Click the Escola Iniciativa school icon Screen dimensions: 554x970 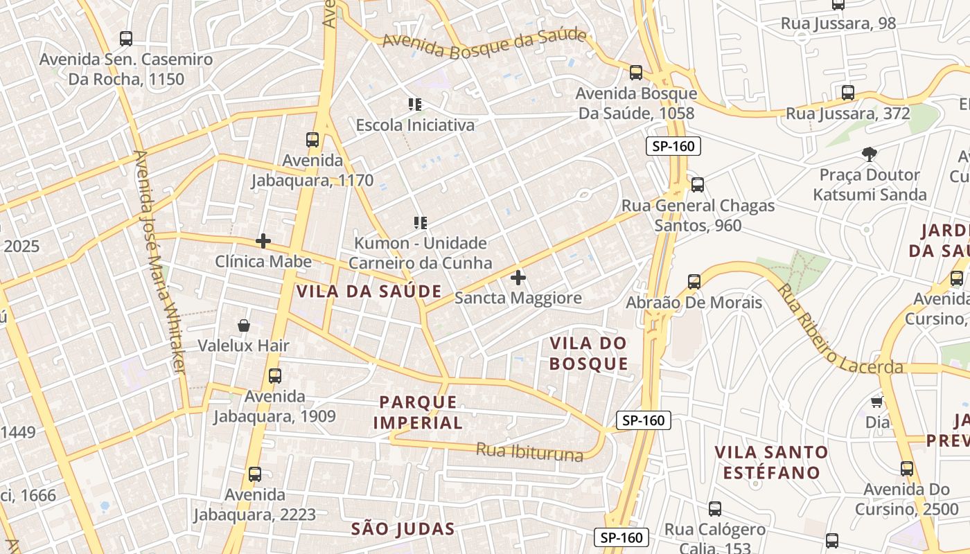pos(415,105)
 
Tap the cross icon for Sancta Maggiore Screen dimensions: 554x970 pos(518,278)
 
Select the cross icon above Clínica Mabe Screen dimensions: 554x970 pos(263,241)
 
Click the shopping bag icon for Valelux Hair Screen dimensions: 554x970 pos(244,325)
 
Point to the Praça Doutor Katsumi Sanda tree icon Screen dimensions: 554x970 pos(870,154)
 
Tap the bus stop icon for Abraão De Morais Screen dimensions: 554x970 pos(694,282)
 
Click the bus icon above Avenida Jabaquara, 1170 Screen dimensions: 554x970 pos(312,140)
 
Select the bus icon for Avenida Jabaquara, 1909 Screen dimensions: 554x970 pos(275,376)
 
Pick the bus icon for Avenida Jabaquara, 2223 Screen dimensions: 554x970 pos(255,474)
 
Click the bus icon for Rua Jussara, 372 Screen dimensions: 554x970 pos(847,93)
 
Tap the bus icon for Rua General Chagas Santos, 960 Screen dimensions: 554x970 pos(698,185)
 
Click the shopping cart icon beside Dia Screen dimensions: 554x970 pos(876,402)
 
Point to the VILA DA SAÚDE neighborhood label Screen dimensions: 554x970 pos(369,292)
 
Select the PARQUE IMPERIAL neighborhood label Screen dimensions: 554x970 pos(418,412)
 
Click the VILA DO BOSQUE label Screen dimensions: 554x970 pos(589,353)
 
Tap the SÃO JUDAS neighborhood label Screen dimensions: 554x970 pos(403,530)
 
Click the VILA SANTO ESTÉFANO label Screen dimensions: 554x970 pos(771,463)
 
